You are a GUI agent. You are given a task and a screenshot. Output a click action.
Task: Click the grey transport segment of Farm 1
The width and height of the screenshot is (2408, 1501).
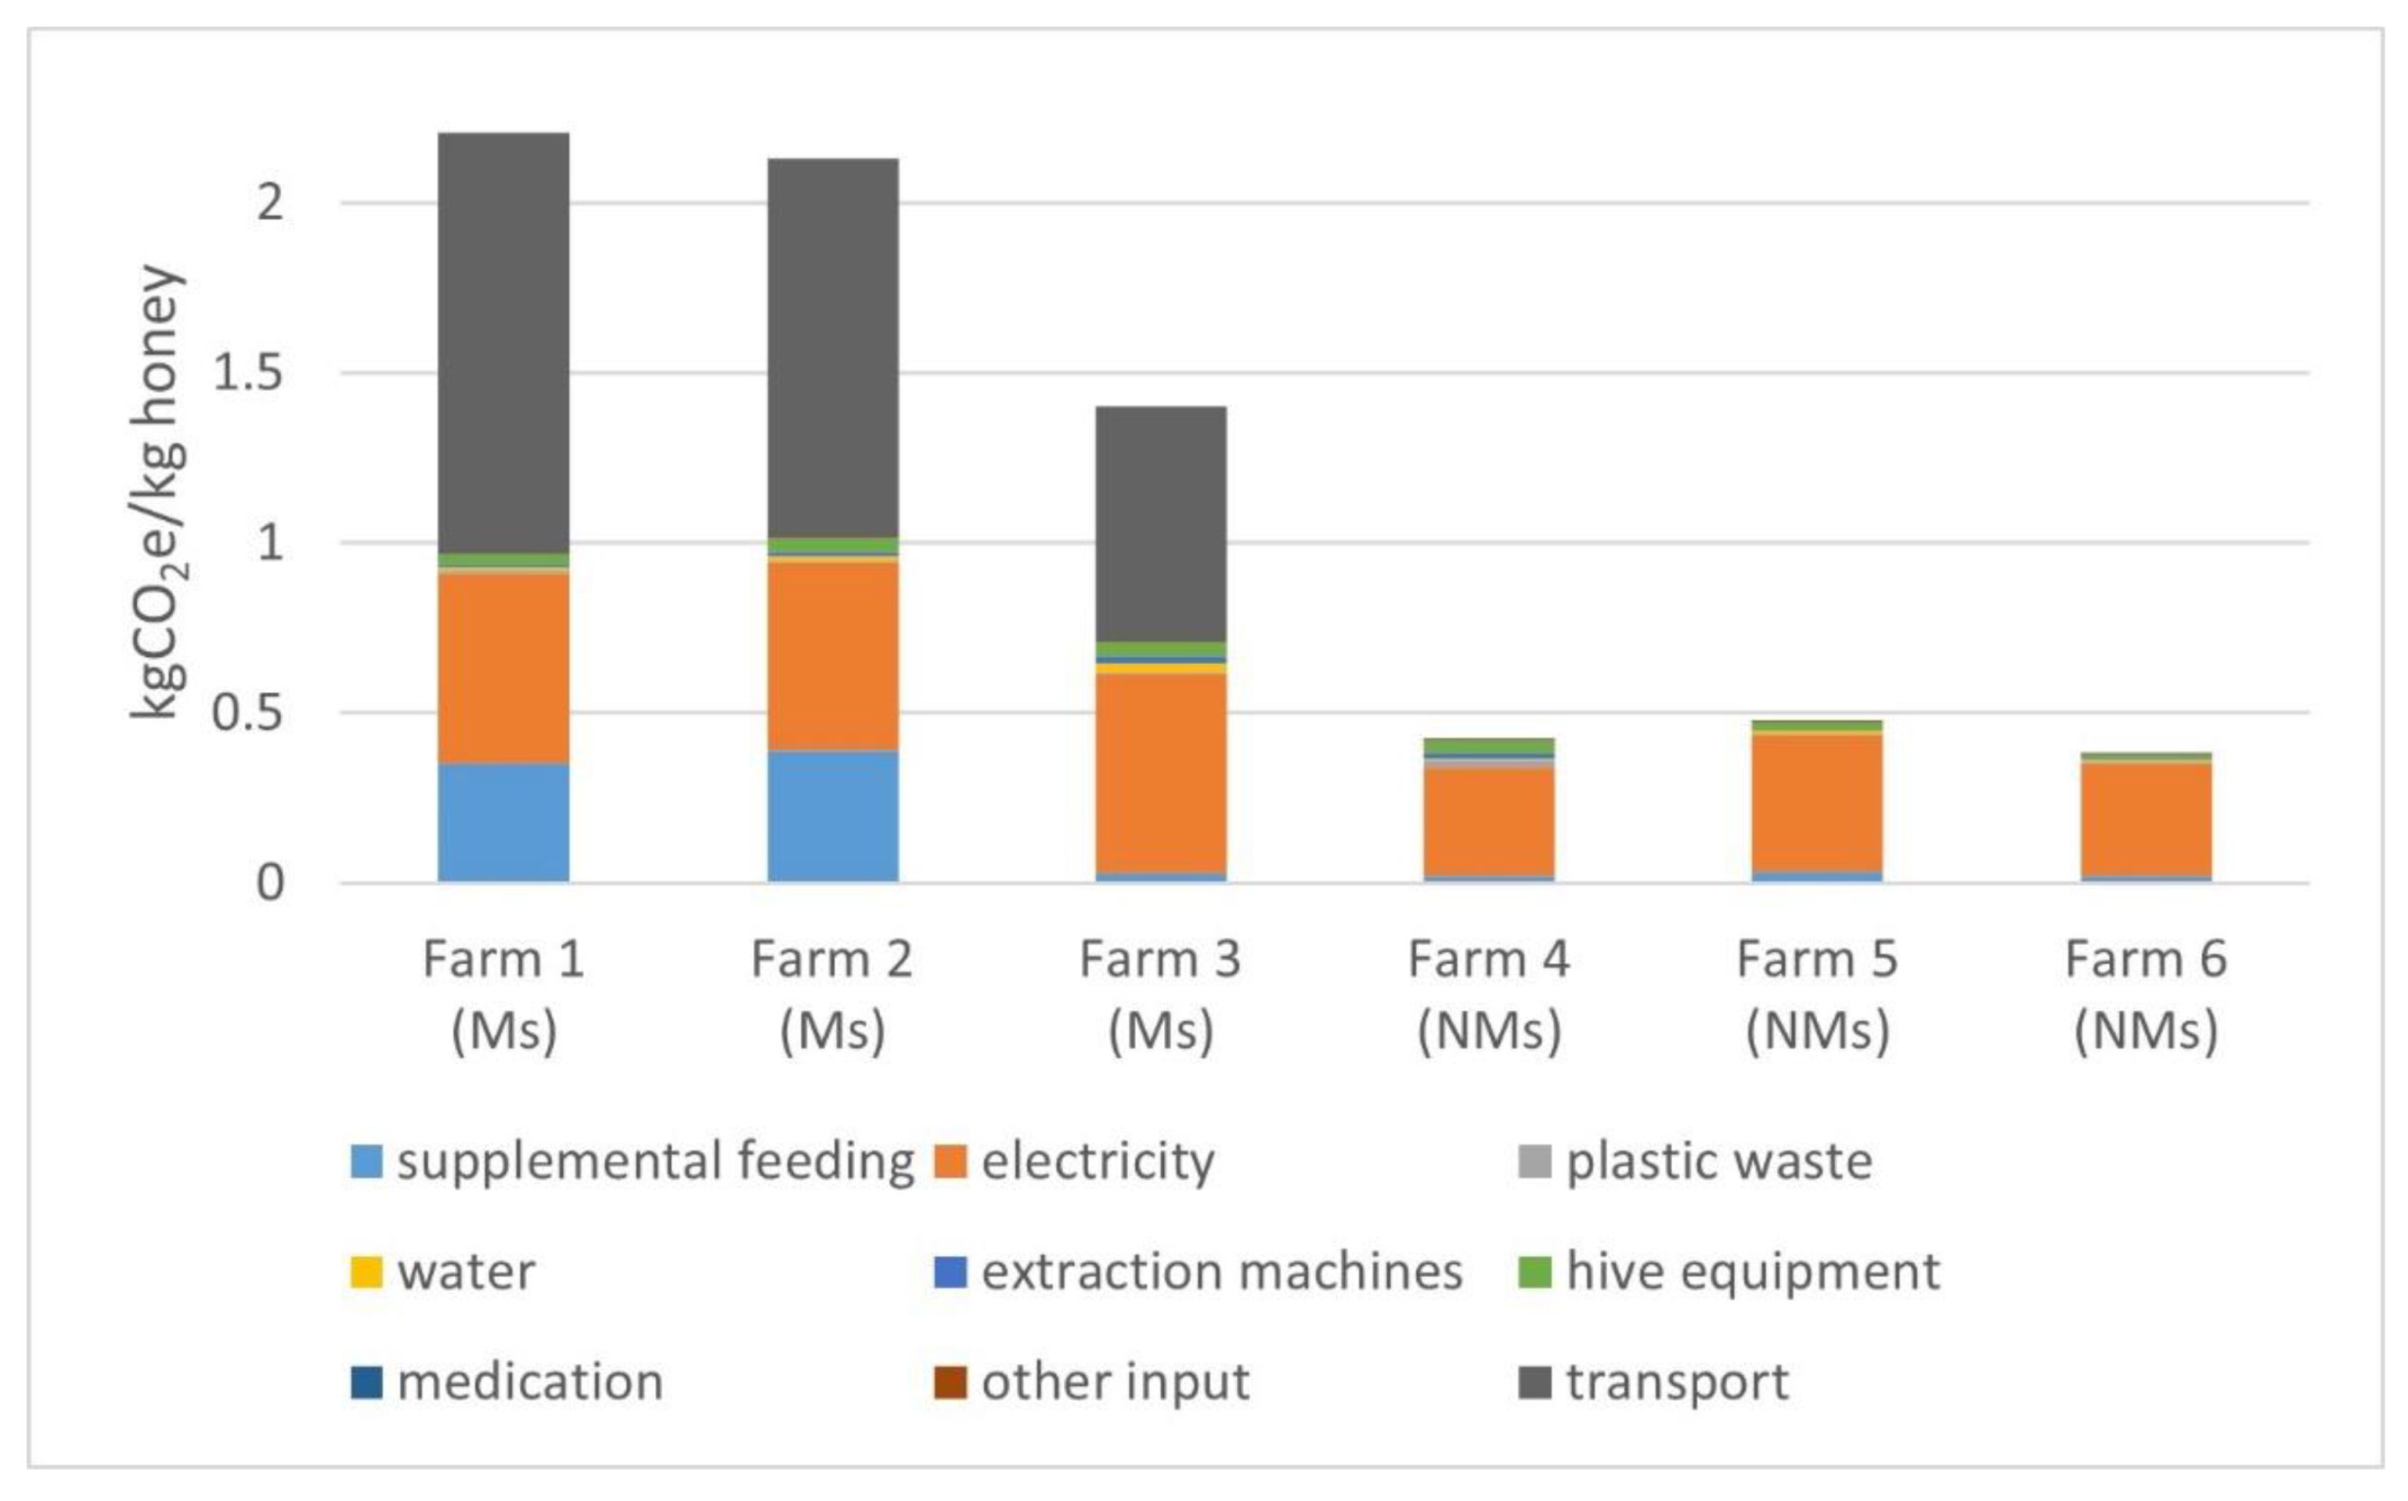point(504,342)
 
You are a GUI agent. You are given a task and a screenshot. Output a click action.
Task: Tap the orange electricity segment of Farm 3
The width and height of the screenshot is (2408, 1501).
point(1160,774)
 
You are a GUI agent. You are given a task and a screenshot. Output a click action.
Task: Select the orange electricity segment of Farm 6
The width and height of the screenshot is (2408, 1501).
point(2146,819)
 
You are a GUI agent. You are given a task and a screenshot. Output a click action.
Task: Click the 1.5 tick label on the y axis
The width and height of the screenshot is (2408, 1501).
point(247,374)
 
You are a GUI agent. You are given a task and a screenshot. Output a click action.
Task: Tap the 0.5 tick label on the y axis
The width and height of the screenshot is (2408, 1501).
point(247,714)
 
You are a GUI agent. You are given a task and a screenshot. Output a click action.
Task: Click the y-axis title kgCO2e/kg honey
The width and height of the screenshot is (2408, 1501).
point(159,491)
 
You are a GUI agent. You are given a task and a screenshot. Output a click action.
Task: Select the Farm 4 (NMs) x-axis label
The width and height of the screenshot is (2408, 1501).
point(1489,995)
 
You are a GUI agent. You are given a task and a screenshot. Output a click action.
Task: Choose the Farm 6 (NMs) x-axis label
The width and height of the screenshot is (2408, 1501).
point(2146,995)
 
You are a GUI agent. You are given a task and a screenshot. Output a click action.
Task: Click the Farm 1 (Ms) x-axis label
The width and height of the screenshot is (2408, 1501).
point(504,995)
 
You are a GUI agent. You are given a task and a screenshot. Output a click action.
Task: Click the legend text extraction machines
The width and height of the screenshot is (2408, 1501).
point(1221,1271)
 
